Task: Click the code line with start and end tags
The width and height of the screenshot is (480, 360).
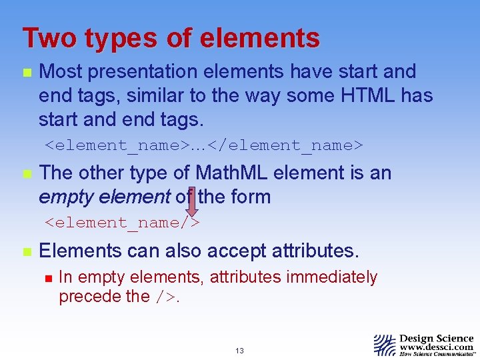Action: (203, 144)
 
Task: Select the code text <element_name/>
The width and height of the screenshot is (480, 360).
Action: (122, 222)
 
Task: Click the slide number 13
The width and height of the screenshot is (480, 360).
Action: (239, 351)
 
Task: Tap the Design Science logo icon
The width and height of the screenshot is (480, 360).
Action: (385, 345)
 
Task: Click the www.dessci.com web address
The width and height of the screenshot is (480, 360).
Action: (436, 347)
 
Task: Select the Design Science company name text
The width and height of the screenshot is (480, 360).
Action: (436, 338)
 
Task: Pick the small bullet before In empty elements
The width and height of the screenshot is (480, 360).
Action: (46, 277)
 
